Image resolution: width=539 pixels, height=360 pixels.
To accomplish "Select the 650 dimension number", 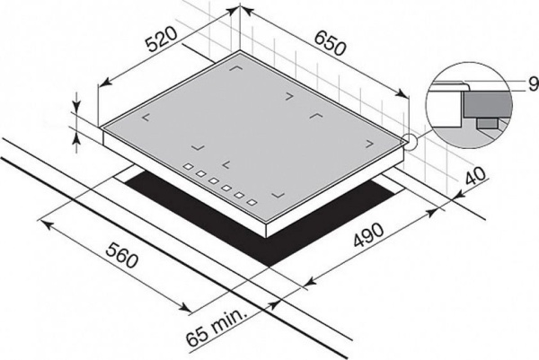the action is coord(330,43).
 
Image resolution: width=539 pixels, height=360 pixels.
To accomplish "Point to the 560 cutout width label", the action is coord(121,256).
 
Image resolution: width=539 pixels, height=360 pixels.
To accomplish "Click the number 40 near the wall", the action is coord(476,176).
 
